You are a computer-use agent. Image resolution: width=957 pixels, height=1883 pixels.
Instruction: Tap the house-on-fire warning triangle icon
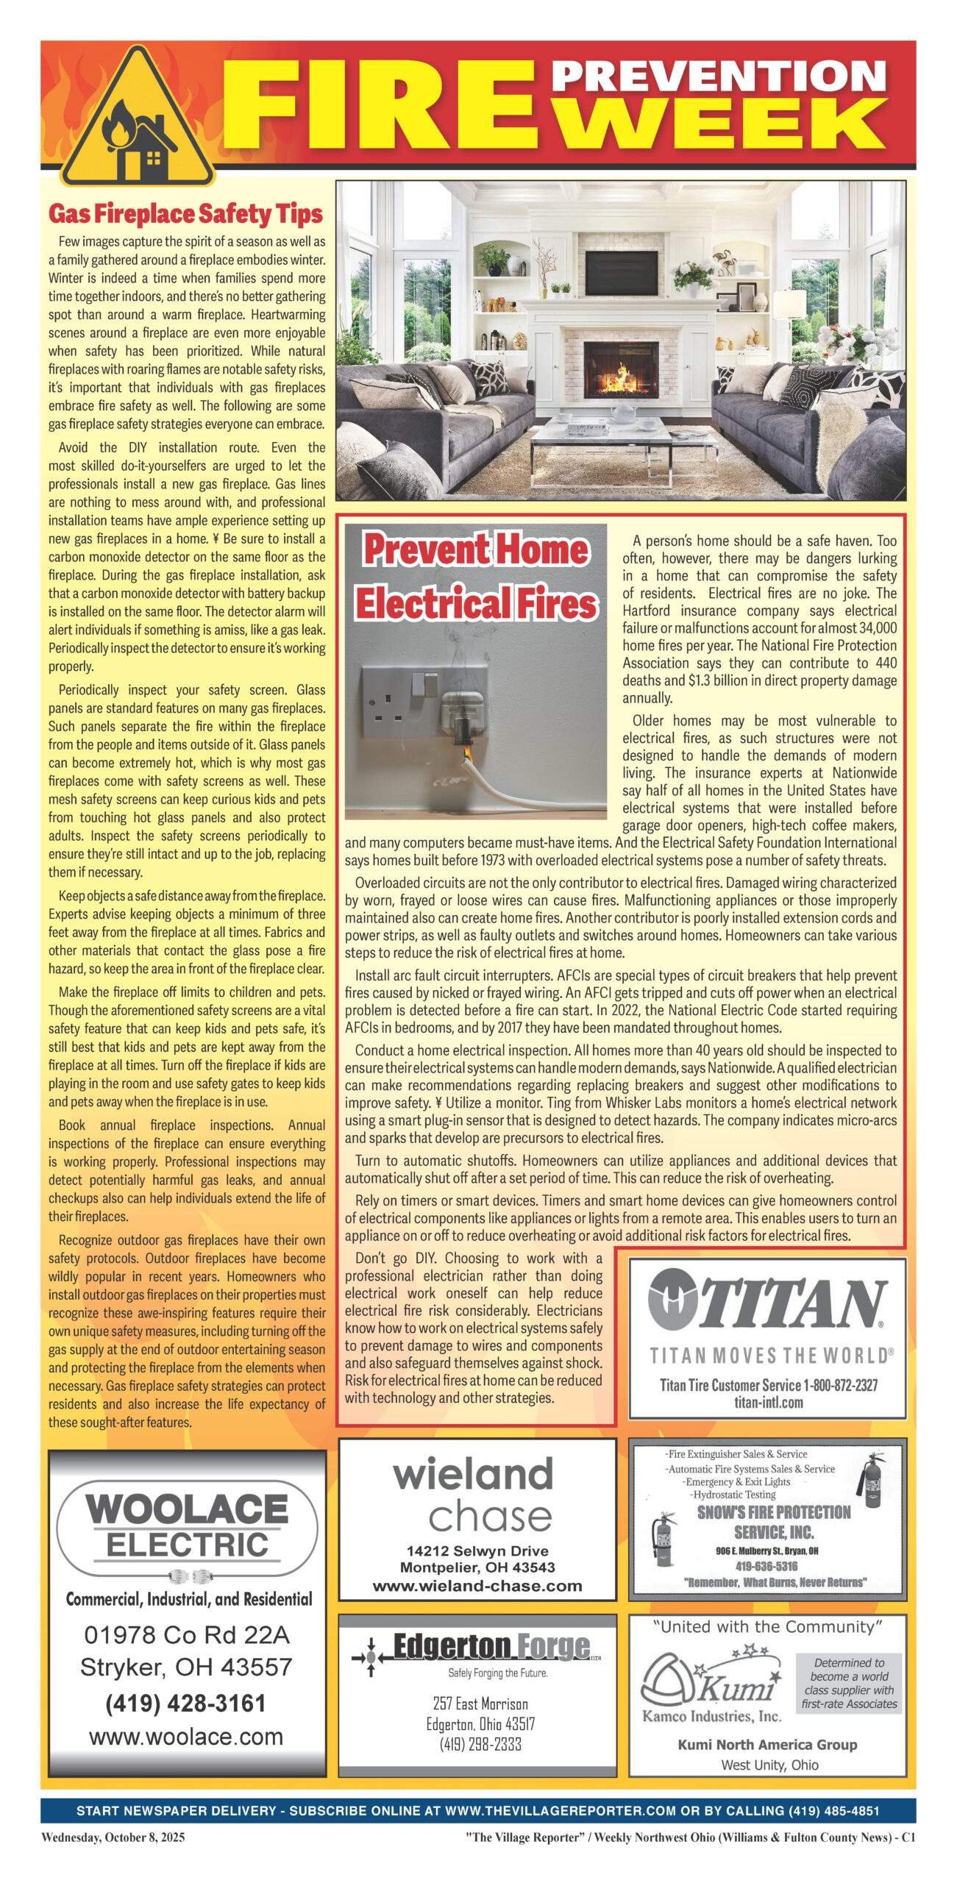coord(137,122)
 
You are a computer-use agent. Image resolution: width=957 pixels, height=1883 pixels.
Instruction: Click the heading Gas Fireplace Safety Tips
coord(185,214)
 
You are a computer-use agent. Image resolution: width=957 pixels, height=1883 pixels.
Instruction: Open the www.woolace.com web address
coord(185,1737)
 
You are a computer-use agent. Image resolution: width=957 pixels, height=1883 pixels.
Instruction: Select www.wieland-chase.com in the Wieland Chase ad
coord(477,1586)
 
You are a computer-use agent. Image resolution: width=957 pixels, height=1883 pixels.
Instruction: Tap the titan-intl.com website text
coord(768,1402)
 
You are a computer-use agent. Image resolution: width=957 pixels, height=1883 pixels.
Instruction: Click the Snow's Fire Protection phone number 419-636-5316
coord(766,1566)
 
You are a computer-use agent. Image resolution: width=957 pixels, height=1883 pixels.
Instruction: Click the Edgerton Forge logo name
coord(491,1648)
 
